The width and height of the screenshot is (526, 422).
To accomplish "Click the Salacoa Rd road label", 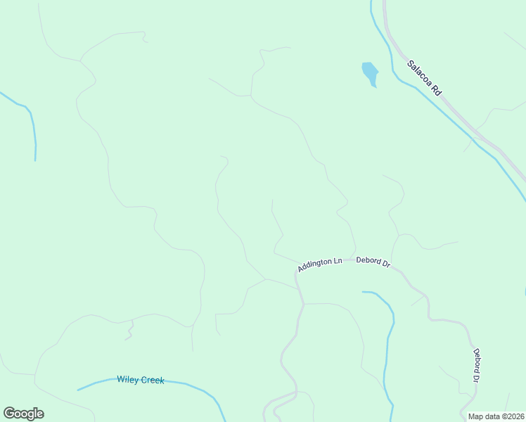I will [x=424, y=77].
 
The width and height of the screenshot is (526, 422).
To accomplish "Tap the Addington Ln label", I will [x=319, y=264].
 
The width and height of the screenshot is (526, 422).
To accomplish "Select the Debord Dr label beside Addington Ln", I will [x=373, y=262].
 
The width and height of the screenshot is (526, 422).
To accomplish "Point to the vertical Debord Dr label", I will [x=476, y=366].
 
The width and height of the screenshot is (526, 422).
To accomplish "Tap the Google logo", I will [x=23, y=414].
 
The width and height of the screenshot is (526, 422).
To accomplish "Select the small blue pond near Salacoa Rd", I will [x=370, y=73].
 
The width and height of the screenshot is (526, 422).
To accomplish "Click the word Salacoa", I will [x=420, y=73].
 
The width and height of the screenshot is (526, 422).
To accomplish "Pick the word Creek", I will [x=152, y=381].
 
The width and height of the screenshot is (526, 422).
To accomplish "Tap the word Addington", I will [x=314, y=266].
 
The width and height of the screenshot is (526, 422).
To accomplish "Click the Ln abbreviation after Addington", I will [x=338, y=261].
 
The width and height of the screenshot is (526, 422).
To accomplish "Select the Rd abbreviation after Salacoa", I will [x=436, y=90].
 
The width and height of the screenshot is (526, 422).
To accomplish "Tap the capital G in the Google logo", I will [x=10, y=413].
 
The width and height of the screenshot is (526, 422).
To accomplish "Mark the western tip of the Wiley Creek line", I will [x=78, y=390].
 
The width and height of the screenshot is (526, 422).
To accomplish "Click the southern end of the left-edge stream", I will [x=35, y=160].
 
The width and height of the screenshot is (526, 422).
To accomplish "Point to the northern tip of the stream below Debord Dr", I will [x=363, y=291].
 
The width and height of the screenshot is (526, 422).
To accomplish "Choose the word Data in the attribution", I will [x=489, y=416].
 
